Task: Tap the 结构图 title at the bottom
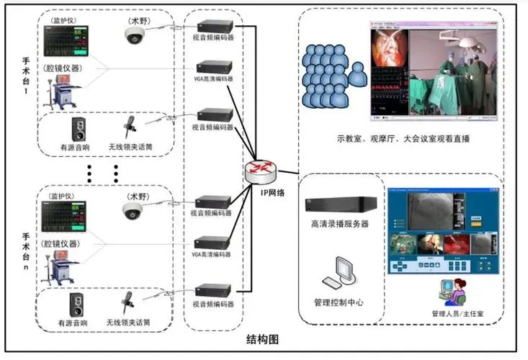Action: coord(263,339)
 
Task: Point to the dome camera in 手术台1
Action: coord(134,35)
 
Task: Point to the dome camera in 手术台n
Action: coord(133,210)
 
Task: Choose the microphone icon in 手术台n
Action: coord(129,301)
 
